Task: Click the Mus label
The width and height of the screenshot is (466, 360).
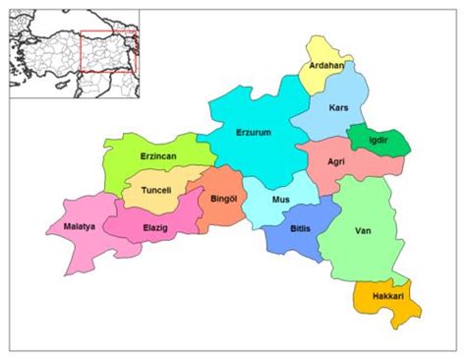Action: point(280,200)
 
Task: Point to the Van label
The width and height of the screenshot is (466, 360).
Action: point(363,232)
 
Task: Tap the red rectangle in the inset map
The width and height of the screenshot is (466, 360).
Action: point(109,49)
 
